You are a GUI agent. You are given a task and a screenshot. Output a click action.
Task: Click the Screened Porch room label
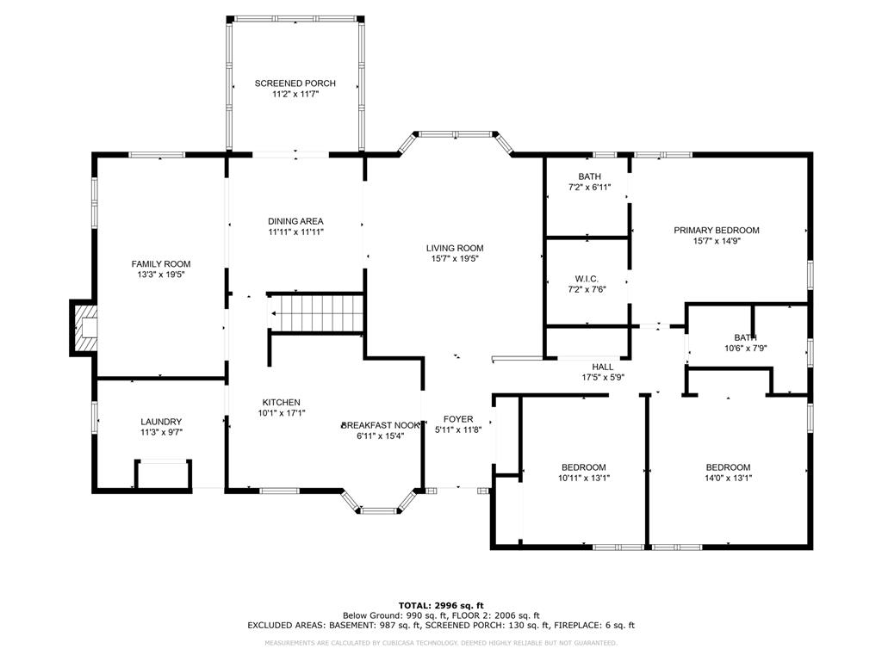tap(295, 83)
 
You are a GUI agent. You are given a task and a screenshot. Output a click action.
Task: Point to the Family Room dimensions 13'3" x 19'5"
tap(160, 275)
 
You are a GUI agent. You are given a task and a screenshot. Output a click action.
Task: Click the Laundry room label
tap(161, 422)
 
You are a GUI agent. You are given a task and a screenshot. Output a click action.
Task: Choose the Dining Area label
tap(295, 221)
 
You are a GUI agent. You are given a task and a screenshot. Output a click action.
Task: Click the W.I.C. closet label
tap(587, 279)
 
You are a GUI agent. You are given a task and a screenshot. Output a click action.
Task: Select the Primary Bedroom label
tap(716, 230)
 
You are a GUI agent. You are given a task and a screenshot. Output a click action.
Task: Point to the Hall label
tap(602, 367)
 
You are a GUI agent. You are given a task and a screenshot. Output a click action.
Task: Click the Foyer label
tap(458, 419)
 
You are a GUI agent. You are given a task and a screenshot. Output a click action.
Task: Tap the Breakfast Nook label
tap(382, 425)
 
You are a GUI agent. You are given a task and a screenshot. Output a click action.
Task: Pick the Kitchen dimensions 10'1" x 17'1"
tap(282, 413)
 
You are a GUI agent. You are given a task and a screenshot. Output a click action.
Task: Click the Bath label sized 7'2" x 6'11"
tap(589, 176)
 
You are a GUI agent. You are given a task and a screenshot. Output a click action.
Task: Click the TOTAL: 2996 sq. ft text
tap(441, 605)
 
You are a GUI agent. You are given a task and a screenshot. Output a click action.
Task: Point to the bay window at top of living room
tap(456, 134)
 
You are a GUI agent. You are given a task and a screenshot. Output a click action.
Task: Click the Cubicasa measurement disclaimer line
tap(441, 643)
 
